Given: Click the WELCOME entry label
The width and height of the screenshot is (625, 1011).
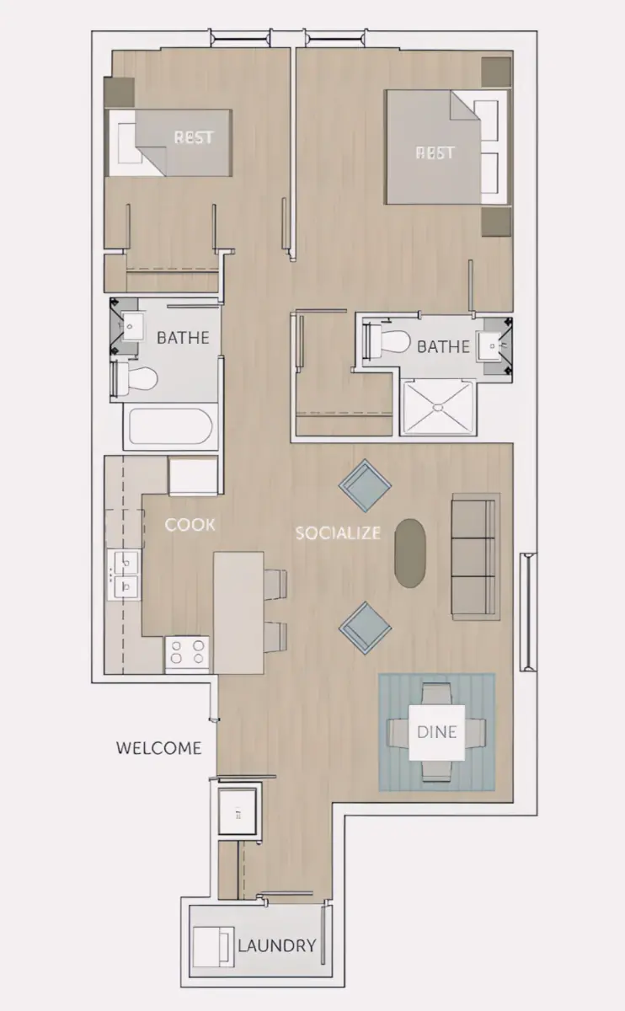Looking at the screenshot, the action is (x=159, y=748).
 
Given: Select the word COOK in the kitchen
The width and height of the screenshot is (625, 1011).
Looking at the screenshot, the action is (x=190, y=524).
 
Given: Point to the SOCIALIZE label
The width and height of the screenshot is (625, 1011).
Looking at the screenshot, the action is (x=338, y=533).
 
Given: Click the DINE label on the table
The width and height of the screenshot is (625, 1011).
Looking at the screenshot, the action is (x=437, y=732).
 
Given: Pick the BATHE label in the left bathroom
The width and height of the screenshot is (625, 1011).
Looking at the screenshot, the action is (x=183, y=338).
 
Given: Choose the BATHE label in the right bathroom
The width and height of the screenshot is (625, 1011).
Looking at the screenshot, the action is (x=444, y=346).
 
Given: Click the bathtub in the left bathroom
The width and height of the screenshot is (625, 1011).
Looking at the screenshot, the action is (x=170, y=426).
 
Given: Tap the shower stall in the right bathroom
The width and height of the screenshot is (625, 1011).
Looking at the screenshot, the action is (x=439, y=408).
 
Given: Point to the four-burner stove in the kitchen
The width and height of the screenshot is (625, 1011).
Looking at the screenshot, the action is (x=187, y=652).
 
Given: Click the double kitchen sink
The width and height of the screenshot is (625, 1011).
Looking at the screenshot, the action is (x=124, y=575).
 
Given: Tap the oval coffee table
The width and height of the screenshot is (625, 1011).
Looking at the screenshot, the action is (x=409, y=554).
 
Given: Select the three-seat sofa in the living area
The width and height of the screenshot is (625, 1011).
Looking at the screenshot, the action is (x=476, y=557).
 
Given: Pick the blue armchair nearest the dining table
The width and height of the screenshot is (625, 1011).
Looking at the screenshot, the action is (x=365, y=628).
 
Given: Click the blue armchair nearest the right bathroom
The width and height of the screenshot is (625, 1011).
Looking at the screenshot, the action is (x=365, y=486).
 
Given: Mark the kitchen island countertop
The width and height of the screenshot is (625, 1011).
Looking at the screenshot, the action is (x=238, y=612).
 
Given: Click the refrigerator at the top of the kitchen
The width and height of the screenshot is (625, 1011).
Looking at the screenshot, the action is (x=193, y=476).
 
